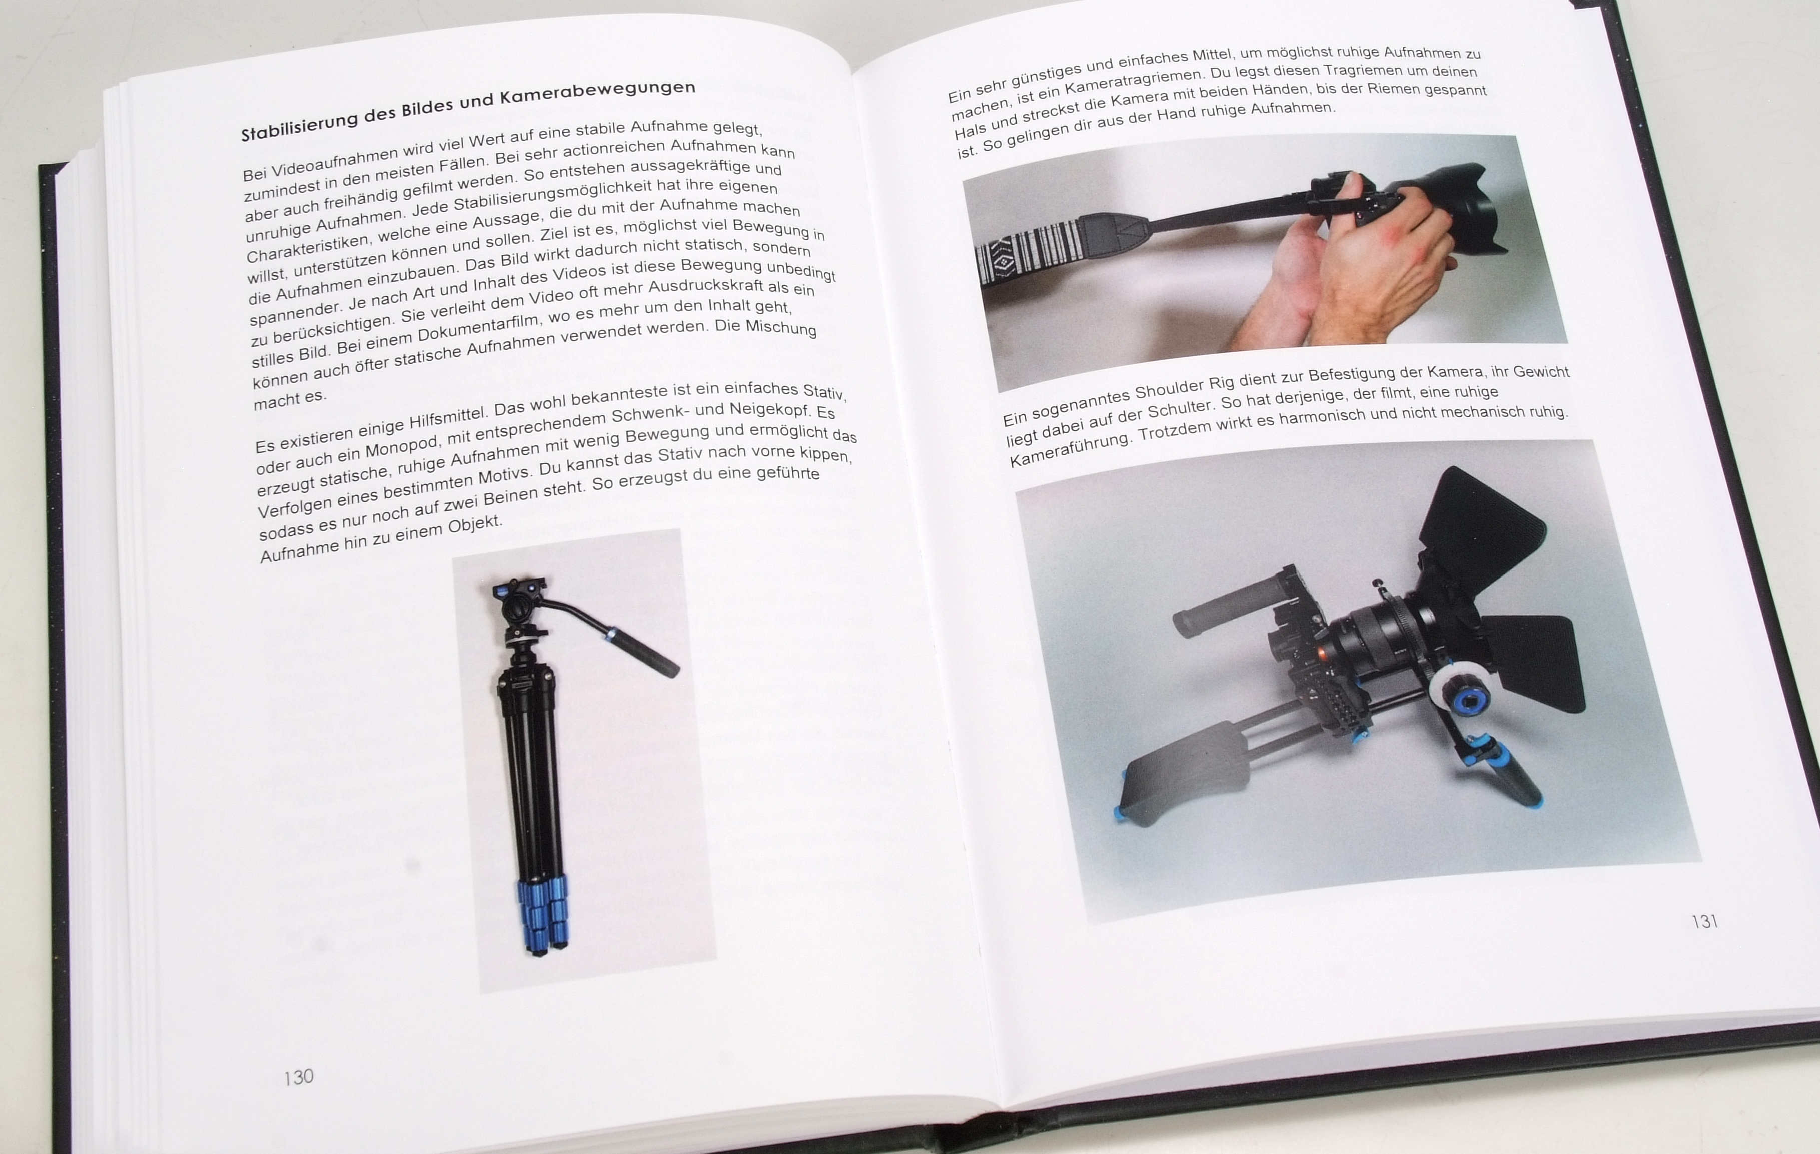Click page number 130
[299, 1077]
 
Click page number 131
[1705, 921]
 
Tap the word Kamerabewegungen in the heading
[597, 93]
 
